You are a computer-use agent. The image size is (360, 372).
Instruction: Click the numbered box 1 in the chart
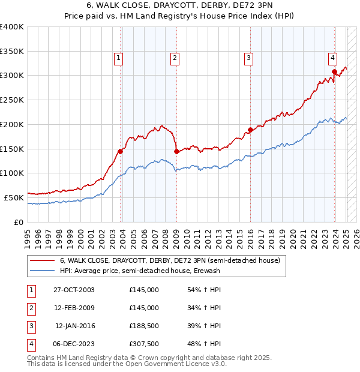tap(119, 58)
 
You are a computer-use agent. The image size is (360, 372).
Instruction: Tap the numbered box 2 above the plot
tap(175, 58)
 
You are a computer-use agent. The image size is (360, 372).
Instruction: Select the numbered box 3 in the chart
tap(248, 58)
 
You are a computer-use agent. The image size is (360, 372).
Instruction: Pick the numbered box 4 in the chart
tap(332, 58)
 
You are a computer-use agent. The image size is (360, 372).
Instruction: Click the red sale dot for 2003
tap(121, 151)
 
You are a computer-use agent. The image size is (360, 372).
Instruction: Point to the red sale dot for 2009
tap(176, 152)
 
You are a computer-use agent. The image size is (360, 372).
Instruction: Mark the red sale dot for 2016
tap(250, 130)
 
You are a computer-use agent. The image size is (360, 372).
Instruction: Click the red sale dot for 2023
tap(334, 72)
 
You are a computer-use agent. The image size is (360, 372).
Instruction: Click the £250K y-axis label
tap(12, 100)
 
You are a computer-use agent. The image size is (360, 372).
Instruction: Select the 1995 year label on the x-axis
tap(28, 236)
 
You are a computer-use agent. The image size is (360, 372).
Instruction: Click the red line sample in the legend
tap(43, 261)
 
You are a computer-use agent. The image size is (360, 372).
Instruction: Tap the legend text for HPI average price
tap(140, 271)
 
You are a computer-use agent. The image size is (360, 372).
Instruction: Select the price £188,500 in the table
tap(143, 326)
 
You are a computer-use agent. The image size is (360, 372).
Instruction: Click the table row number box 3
tap(31, 326)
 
